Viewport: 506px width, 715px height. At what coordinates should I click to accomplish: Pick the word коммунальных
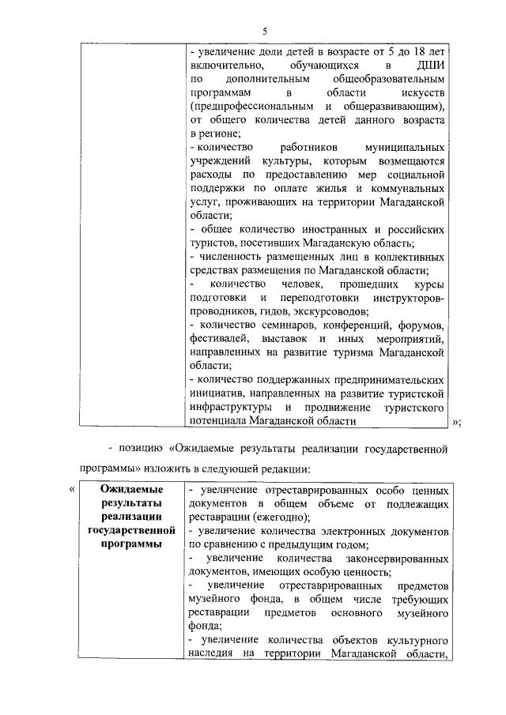409,189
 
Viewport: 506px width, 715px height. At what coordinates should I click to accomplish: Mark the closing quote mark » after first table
456,422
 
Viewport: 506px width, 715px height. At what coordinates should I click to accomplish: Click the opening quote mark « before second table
73,490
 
